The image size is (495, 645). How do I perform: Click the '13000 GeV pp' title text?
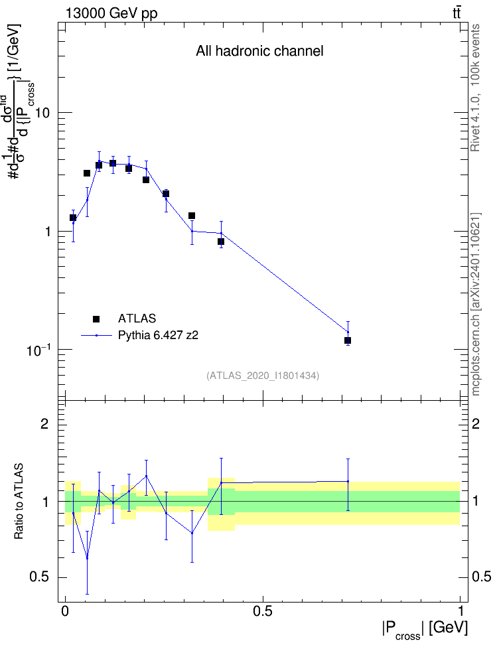pos(111,14)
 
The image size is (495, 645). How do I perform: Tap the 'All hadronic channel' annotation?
pos(259,51)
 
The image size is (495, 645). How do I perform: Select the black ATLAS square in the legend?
pos(96,319)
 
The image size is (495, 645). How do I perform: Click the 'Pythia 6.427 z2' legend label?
pos(158,336)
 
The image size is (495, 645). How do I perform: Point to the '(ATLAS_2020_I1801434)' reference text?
pos(263,375)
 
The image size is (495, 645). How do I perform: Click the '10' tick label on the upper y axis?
pos(42,113)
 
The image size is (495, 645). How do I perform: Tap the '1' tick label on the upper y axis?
pos(47,232)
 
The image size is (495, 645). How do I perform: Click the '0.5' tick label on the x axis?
pos(263,610)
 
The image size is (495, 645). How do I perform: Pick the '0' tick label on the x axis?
pos(65,610)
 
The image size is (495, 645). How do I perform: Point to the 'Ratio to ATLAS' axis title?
pos(19,501)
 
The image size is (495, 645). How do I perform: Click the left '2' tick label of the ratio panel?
pos(44,423)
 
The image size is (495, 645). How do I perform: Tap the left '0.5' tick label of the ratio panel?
pos(39,577)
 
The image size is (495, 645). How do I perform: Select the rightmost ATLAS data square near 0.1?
pos(348,340)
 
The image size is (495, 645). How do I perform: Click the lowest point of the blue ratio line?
pos(87,558)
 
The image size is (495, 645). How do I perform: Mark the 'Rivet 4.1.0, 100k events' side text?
pos(475,88)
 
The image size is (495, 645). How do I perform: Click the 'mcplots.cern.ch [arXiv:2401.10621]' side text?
pos(476,304)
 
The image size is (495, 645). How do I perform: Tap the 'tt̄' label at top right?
pos(457,13)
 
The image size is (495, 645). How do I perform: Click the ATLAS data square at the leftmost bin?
pos(73,218)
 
